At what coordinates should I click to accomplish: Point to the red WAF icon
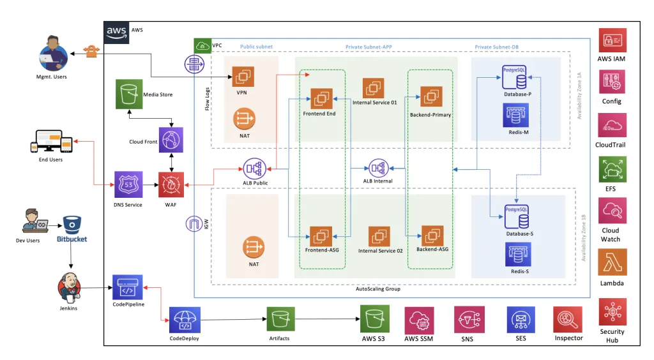coord(172,185)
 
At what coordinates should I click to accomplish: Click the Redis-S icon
coord(517,253)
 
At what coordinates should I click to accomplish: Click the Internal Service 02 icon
coord(381,237)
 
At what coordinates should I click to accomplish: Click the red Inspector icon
coord(568,320)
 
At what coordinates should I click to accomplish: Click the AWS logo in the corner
coord(116,31)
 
